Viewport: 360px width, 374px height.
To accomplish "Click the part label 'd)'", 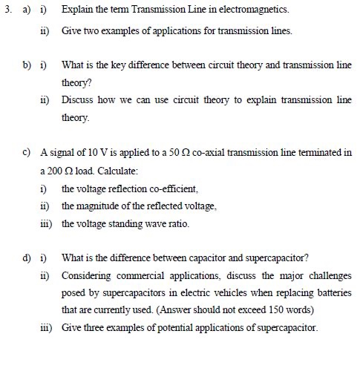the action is [x=27, y=258].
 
